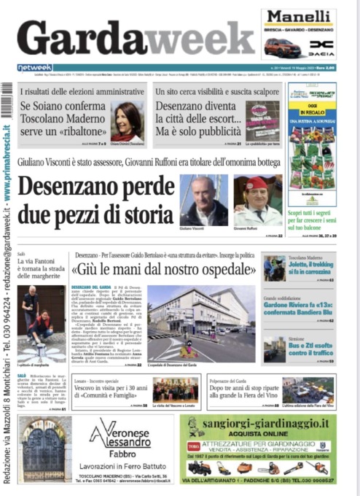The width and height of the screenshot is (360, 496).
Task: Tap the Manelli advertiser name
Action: (299, 18)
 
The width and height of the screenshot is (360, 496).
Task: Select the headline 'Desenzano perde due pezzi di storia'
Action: (95, 201)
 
